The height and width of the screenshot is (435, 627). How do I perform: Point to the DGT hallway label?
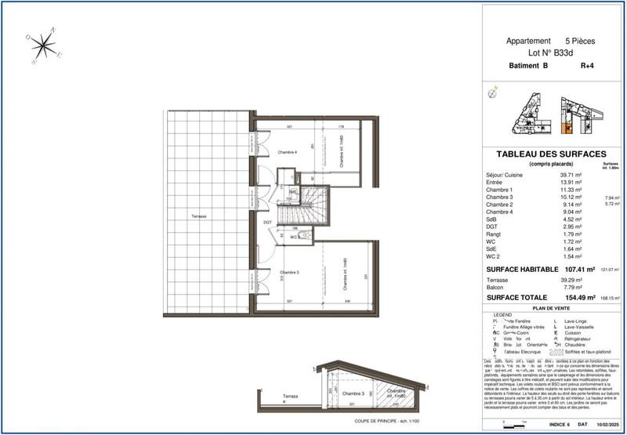(x=268, y=222)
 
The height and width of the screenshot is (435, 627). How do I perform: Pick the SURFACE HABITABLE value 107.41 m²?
(x=578, y=268)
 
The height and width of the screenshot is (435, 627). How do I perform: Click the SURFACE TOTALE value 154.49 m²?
(x=578, y=297)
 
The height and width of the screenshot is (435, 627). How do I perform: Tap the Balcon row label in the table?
(x=497, y=287)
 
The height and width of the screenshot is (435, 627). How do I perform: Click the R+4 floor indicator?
(x=588, y=67)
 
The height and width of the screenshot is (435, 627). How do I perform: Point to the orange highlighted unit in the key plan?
(x=568, y=127)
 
